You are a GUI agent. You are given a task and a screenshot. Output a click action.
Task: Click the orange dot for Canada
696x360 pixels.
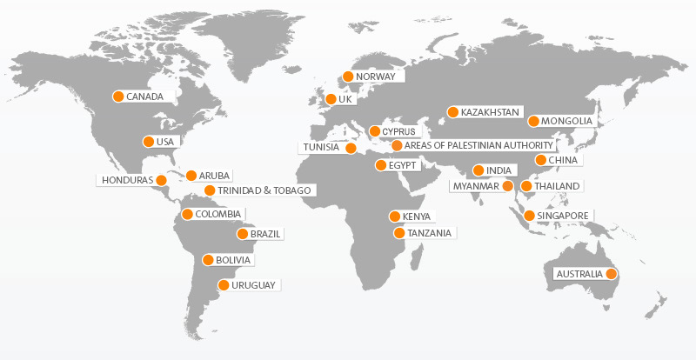tap(118, 97)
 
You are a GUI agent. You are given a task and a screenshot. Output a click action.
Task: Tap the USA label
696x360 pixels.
tap(165, 142)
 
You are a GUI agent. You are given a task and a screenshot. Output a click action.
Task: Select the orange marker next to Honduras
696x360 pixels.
tap(161, 180)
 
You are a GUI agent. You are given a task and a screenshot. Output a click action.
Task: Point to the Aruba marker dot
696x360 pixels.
tap(191, 176)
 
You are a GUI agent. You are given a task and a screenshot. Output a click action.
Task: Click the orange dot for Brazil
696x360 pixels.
tap(243, 234)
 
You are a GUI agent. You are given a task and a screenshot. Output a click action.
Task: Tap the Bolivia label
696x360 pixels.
tap(233, 260)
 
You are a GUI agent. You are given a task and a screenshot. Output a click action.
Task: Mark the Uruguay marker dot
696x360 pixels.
tap(224, 285)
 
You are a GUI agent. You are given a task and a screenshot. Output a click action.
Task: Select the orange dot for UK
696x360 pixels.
tap(331, 100)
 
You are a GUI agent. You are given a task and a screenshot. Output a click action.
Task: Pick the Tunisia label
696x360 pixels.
tap(321, 148)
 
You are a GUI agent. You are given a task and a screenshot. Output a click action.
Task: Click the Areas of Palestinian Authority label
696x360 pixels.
tap(478, 145)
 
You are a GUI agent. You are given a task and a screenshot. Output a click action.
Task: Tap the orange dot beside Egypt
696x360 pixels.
tap(380, 165)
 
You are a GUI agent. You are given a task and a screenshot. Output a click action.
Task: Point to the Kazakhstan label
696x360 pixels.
tap(490, 112)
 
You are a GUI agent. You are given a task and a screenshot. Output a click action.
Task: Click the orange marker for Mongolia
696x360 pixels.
tap(533, 121)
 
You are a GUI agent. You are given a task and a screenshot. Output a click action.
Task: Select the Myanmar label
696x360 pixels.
tap(476, 186)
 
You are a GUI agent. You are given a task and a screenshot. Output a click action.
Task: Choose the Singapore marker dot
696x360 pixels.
tap(530, 215)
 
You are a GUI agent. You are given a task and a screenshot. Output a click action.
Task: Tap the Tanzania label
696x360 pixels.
tap(430, 233)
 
